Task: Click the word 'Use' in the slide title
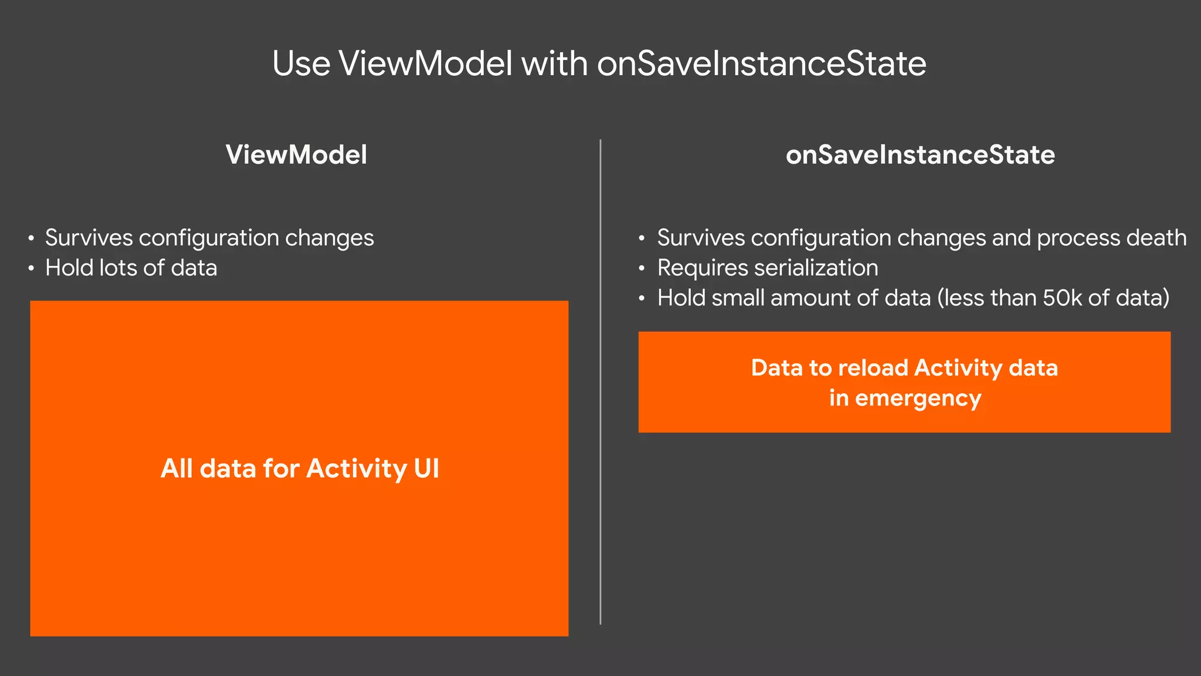point(301,63)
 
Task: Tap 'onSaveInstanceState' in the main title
point(761,63)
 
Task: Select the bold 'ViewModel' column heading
point(296,155)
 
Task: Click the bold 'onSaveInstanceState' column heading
point(920,155)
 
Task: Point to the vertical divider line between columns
point(600,381)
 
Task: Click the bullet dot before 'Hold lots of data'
point(31,269)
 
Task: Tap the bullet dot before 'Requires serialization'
point(642,269)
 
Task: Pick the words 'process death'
point(1111,238)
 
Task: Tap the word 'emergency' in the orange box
point(918,398)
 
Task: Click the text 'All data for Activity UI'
point(300,469)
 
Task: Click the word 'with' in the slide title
point(554,63)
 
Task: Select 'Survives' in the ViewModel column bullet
point(89,238)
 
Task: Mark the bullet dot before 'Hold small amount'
point(642,299)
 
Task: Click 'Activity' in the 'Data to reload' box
point(958,368)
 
